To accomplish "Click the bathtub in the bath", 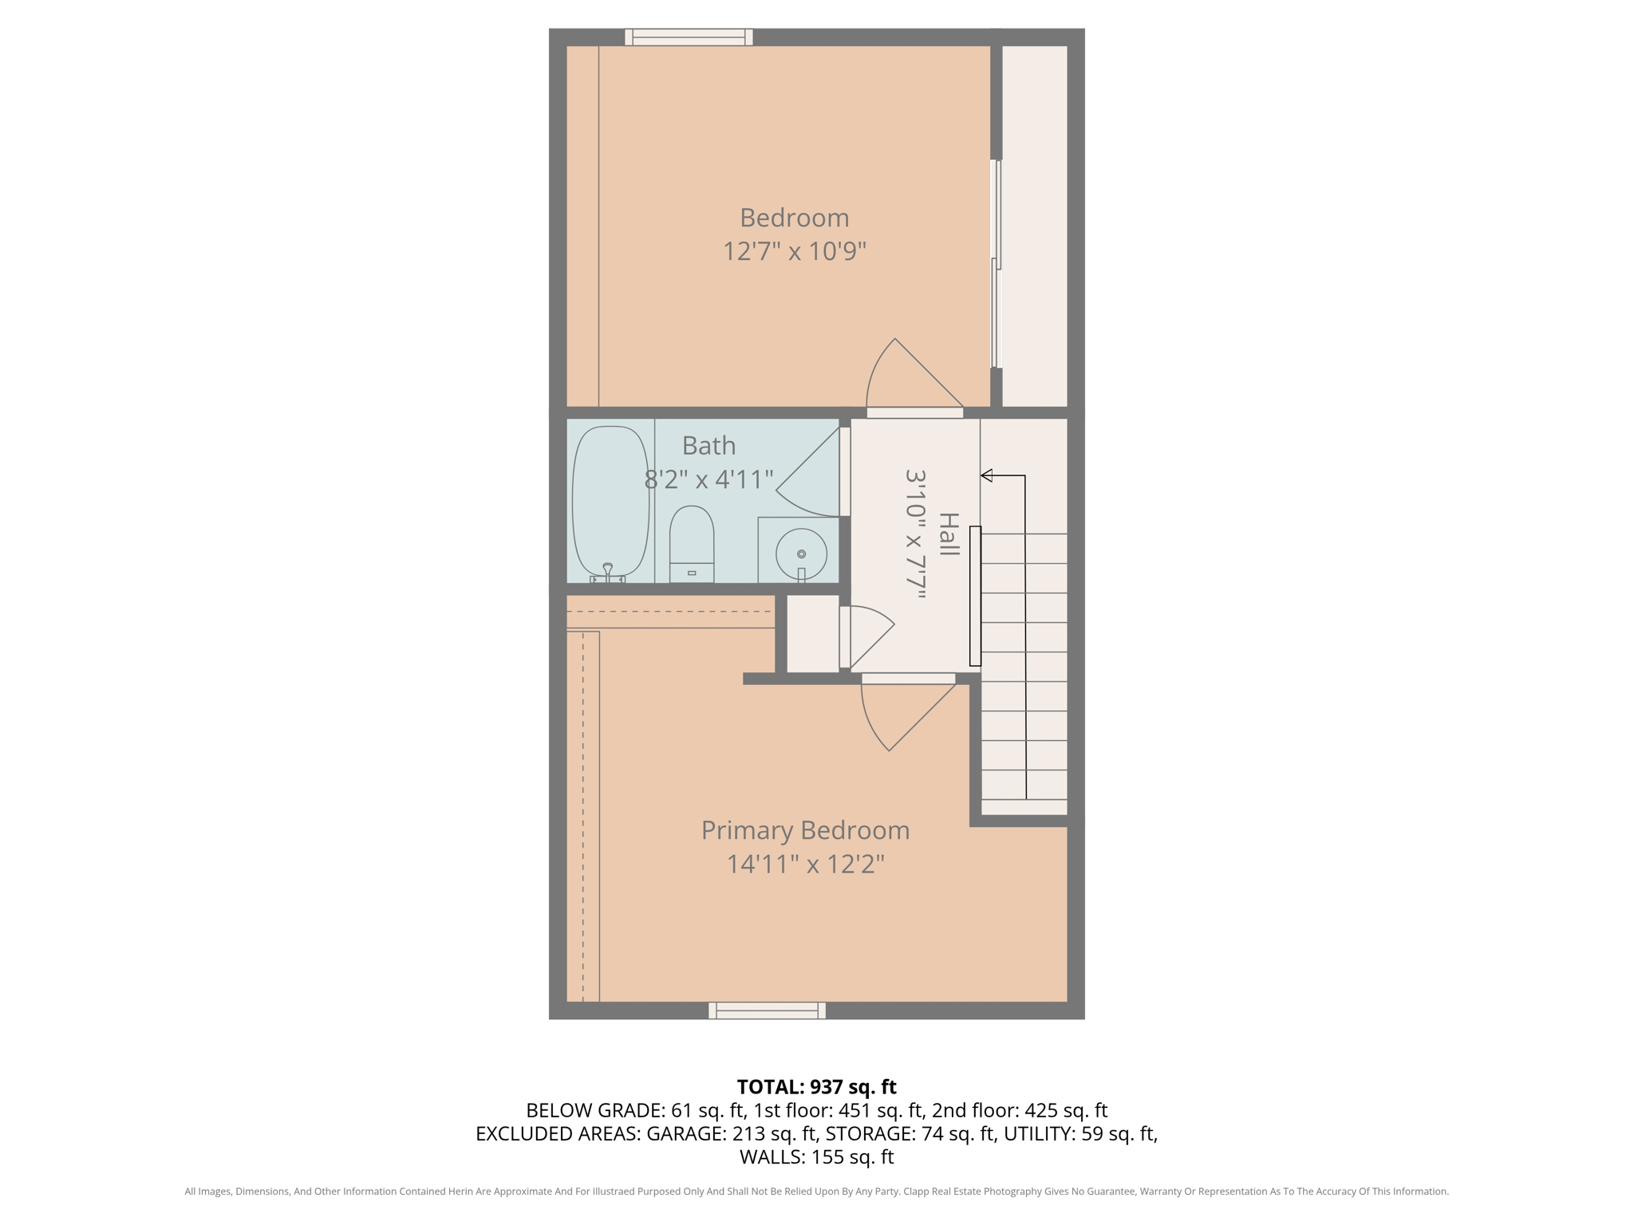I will [x=610, y=501].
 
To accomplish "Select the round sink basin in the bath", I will [x=801, y=553].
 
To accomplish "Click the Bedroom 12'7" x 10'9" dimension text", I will [x=794, y=251].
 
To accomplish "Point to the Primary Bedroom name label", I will [x=805, y=830].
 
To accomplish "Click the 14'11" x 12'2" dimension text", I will [x=805, y=864].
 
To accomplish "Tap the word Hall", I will [x=949, y=534].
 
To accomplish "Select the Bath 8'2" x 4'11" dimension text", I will [x=708, y=479].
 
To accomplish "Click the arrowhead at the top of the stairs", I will [x=987, y=476].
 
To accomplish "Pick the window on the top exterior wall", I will [x=689, y=37].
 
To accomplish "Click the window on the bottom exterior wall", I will [x=767, y=1010].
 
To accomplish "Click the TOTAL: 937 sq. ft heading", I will [x=816, y=1087].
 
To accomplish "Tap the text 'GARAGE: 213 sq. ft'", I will [x=731, y=1133].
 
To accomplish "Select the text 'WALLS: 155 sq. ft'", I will [x=816, y=1156].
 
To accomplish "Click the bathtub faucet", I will [x=608, y=569].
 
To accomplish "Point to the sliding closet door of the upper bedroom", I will [x=997, y=263].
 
